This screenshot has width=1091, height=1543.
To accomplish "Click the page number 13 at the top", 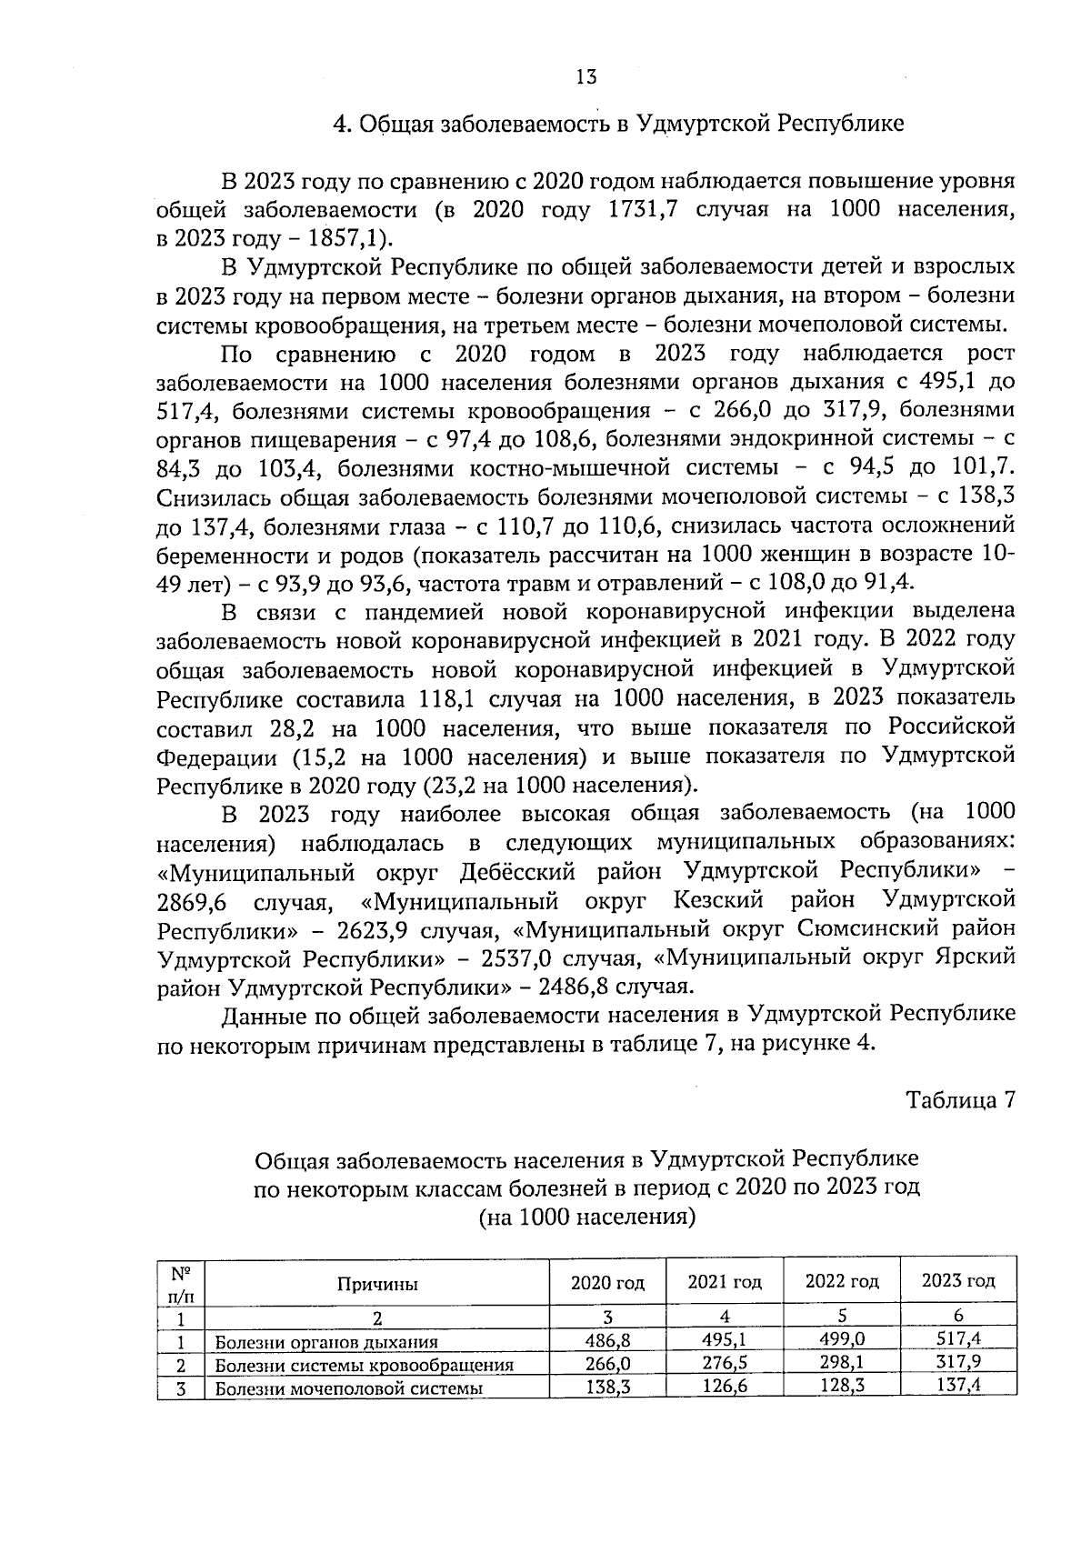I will click(x=586, y=77).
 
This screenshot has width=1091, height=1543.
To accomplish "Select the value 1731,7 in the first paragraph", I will click(x=641, y=209).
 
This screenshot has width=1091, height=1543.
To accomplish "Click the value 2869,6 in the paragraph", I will click(x=191, y=902).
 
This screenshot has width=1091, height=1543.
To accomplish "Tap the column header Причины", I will click(x=377, y=1284).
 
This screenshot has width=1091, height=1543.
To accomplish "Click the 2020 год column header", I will click(x=607, y=1283).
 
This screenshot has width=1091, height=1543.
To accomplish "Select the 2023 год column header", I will click(x=958, y=1281).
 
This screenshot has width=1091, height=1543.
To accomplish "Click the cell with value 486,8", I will click(x=607, y=1340).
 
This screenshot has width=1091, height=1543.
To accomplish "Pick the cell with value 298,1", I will click(x=842, y=1363).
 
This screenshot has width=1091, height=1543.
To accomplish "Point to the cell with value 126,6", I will click(x=725, y=1387).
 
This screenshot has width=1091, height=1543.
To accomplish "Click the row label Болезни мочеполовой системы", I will click(x=348, y=1388).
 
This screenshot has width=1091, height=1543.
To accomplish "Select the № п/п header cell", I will click(x=181, y=1284).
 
